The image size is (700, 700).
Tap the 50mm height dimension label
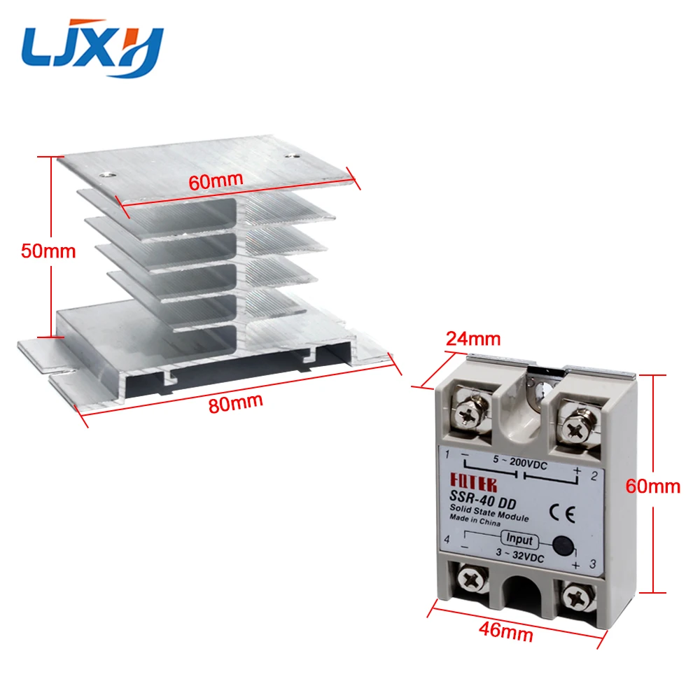(48, 251)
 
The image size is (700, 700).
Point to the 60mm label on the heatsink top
(216, 179)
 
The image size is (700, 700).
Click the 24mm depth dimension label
(474, 339)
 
